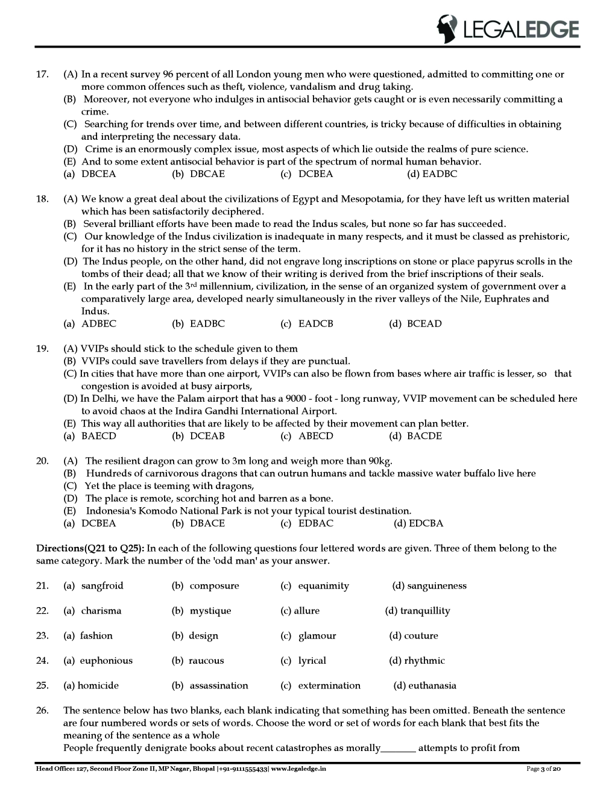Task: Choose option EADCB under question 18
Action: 315,323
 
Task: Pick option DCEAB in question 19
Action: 207,436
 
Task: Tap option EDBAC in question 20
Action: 315,523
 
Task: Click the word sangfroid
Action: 102,585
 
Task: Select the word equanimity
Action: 323,585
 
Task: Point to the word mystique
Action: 210,611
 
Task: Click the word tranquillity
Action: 424,611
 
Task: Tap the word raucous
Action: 206,661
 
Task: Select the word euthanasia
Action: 432,685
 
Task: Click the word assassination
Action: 218,685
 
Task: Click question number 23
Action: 42,635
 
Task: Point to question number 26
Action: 42,711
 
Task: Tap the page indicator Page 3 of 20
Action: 544,769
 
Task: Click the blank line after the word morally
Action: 398,749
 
